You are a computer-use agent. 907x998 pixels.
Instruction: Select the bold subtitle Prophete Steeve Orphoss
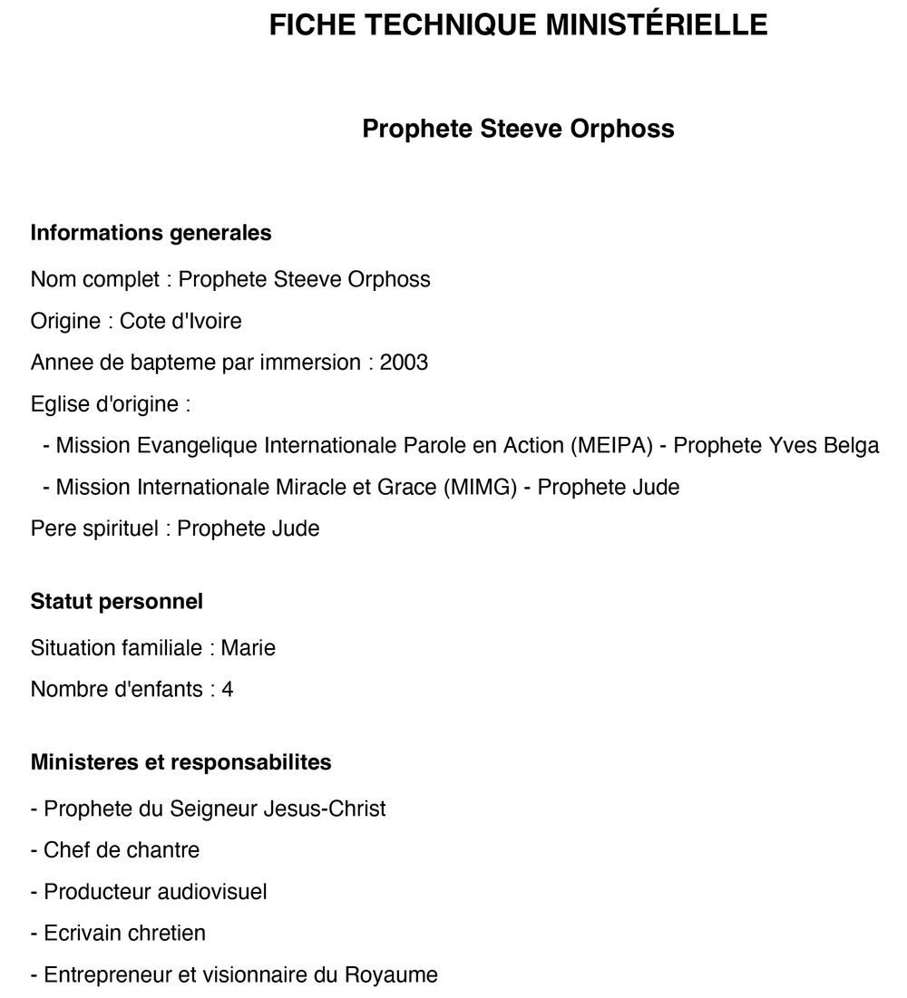coord(518,129)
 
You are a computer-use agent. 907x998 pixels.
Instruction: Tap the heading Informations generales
coord(151,233)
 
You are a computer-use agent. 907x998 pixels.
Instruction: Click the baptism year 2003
coord(404,363)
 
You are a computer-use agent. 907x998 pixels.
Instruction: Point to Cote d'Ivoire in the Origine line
coord(180,321)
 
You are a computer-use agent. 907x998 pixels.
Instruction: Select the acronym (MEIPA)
coord(612,446)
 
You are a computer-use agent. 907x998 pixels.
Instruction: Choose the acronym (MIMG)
coord(480,488)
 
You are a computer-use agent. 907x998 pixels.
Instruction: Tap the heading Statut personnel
coord(117,601)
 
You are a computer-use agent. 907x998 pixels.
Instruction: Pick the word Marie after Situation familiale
coord(249,648)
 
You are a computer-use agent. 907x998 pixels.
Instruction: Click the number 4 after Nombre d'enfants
coord(228,690)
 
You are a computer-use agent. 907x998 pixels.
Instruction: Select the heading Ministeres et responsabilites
coord(181,762)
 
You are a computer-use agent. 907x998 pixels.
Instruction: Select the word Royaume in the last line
coord(391,975)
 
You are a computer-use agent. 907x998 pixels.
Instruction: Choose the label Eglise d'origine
coord(104,404)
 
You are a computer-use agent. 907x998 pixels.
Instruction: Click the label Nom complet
coord(94,279)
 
